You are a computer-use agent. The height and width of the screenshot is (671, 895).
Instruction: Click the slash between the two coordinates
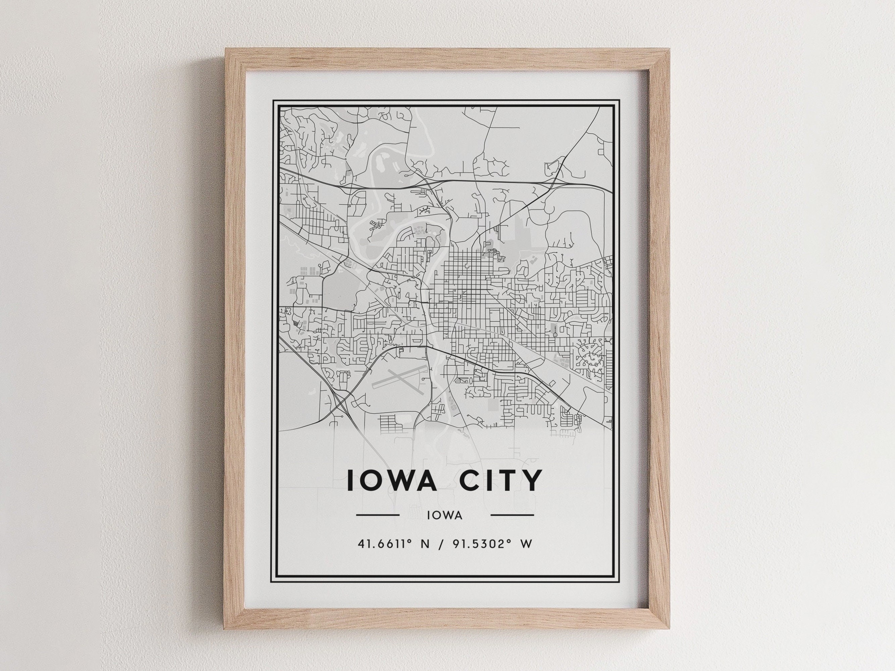[x=441, y=544]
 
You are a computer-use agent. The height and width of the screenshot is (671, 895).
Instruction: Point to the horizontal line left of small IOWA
[x=377, y=515]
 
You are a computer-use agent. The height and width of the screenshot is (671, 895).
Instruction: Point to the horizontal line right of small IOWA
[x=512, y=515]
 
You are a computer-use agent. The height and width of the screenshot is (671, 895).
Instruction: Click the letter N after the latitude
[x=425, y=544]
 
